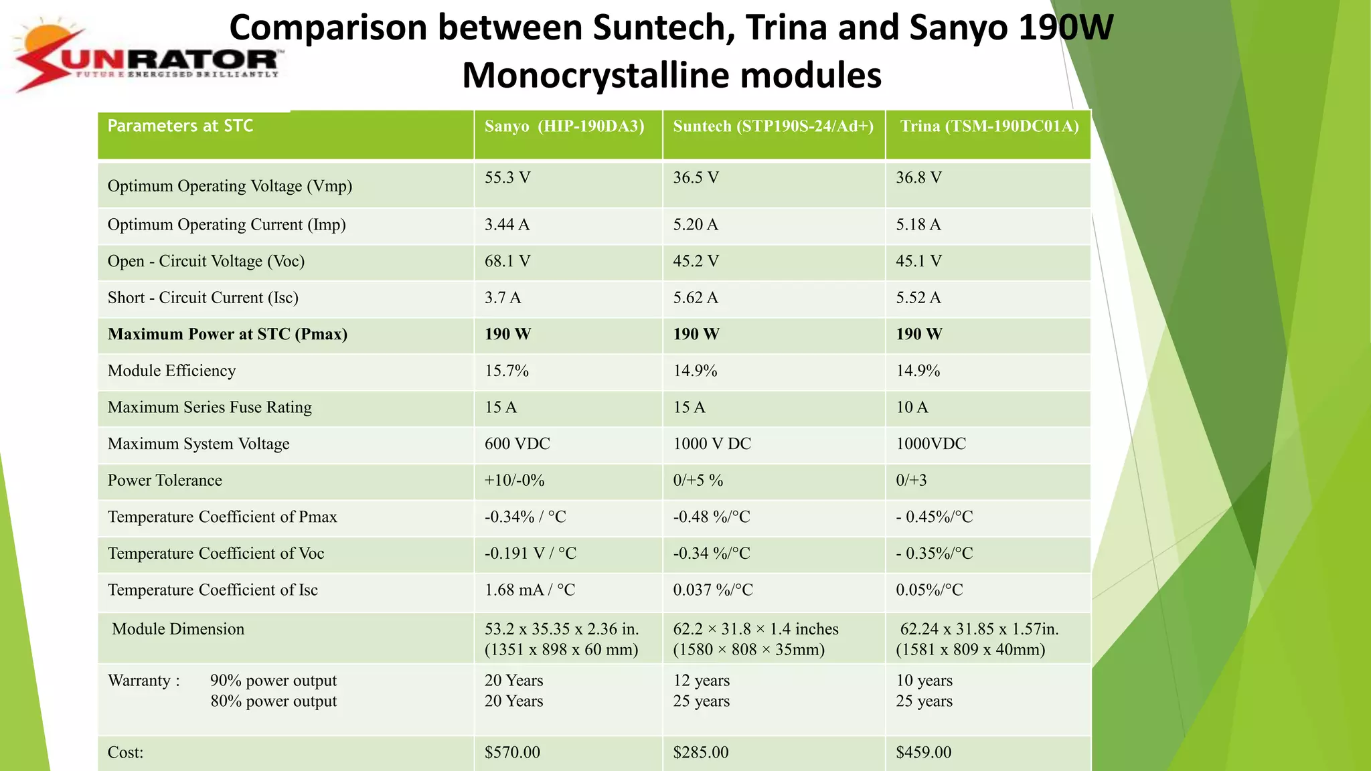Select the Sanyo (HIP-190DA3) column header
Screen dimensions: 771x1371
[x=564, y=126]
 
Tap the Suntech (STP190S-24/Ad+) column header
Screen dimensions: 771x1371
[x=773, y=126]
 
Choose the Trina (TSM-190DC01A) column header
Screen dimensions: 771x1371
[x=989, y=126]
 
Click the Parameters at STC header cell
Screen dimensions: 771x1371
[x=180, y=126]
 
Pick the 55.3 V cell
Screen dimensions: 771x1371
[x=507, y=178]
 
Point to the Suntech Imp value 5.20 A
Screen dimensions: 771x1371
[x=696, y=225]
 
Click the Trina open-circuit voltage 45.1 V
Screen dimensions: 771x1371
[x=918, y=261]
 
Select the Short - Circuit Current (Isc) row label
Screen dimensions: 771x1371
[x=203, y=298]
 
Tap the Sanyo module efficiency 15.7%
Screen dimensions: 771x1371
[x=507, y=371]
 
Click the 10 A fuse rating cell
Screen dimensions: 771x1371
[x=912, y=408]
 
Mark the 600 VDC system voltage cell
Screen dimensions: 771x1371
[x=517, y=444]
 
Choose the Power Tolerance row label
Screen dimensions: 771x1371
[x=165, y=481]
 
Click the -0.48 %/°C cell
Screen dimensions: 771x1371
[x=711, y=517]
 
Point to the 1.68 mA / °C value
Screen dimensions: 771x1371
[x=530, y=590]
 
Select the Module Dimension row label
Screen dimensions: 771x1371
[x=178, y=629]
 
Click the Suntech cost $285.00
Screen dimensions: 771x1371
[x=700, y=752]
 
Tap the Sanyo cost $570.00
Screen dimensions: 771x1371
[x=512, y=752]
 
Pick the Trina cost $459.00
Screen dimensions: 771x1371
[x=923, y=752]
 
